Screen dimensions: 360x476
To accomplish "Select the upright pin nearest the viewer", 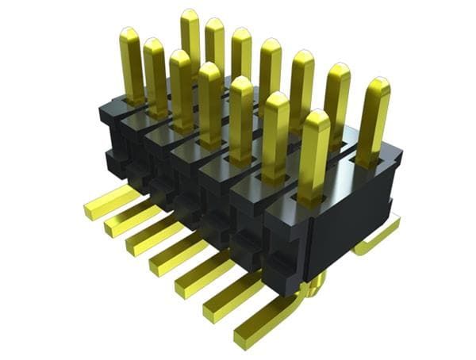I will coord(315,151).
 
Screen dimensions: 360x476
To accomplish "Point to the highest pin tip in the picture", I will coord(190,13).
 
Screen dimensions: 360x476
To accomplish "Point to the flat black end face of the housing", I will coord(349,230).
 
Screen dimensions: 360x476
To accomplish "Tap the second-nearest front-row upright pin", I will coord(275,127).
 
